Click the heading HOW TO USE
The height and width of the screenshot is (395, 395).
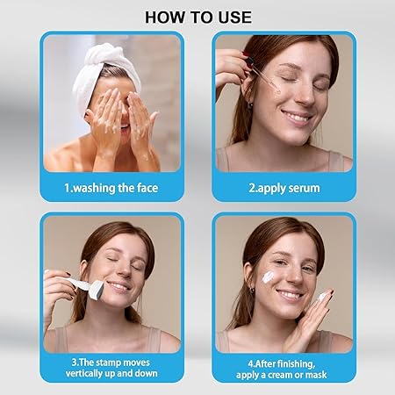pyautogui.click(x=198, y=17)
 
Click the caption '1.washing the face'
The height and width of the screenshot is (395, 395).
pyautogui.click(x=111, y=188)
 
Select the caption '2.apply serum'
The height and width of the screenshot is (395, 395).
pyautogui.click(x=284, y=188)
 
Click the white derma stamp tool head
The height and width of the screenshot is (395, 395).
pyautogui.click(x=97, y=290)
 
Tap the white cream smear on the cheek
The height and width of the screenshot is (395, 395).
pyautogui.click(x=268, y=276)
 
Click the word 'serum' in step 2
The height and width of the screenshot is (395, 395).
pyautogui.click(x=304, y=188)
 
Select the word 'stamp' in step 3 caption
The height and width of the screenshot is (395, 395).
pyautogui.click(x=108, y=363)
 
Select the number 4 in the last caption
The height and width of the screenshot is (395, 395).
pyautogui.click(x=251, y=364)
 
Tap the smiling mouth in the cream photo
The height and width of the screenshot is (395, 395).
pyautogui.click(x=289, y=295)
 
